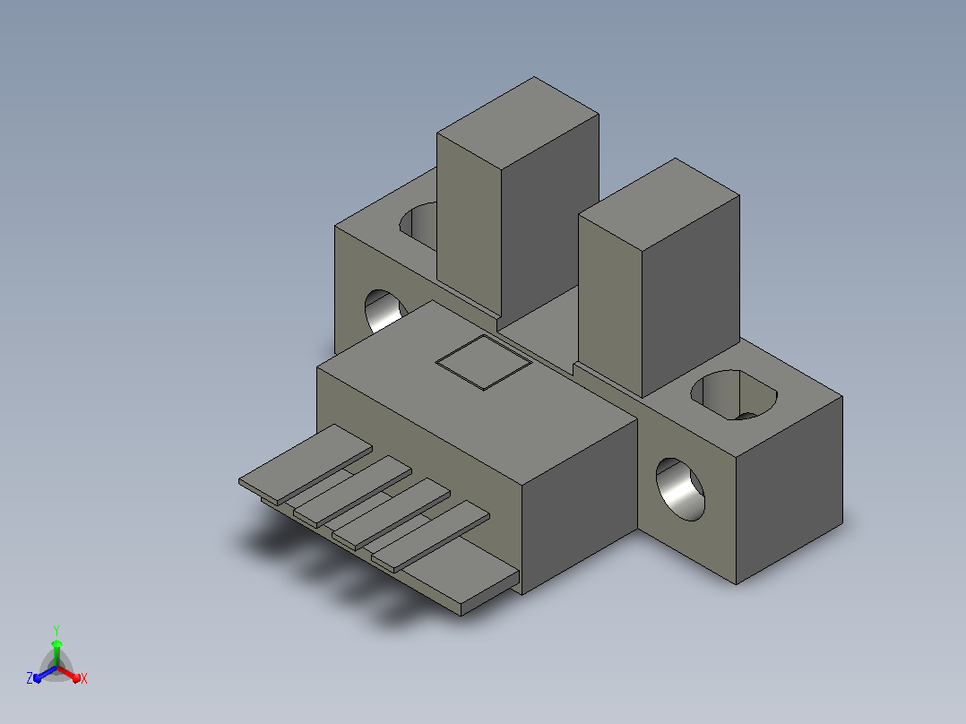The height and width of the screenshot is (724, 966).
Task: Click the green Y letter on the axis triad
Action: click(x=56, y=630)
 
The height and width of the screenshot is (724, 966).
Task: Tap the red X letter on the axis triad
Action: click(x=84, y=678)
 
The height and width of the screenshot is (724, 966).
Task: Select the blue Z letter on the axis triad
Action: click(x=30, y=678)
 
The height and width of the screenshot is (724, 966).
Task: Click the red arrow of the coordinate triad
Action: click(x=69, y=674)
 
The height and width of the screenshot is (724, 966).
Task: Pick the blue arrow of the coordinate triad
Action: click(x=45, y=674)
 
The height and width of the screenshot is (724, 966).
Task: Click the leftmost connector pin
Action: click(x=306, y=464)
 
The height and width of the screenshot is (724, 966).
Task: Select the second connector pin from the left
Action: click(x=352, y=492)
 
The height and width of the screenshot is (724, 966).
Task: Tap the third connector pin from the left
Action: click(x=392, y=514)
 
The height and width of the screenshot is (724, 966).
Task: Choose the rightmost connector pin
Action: click(x=431, y=537)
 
